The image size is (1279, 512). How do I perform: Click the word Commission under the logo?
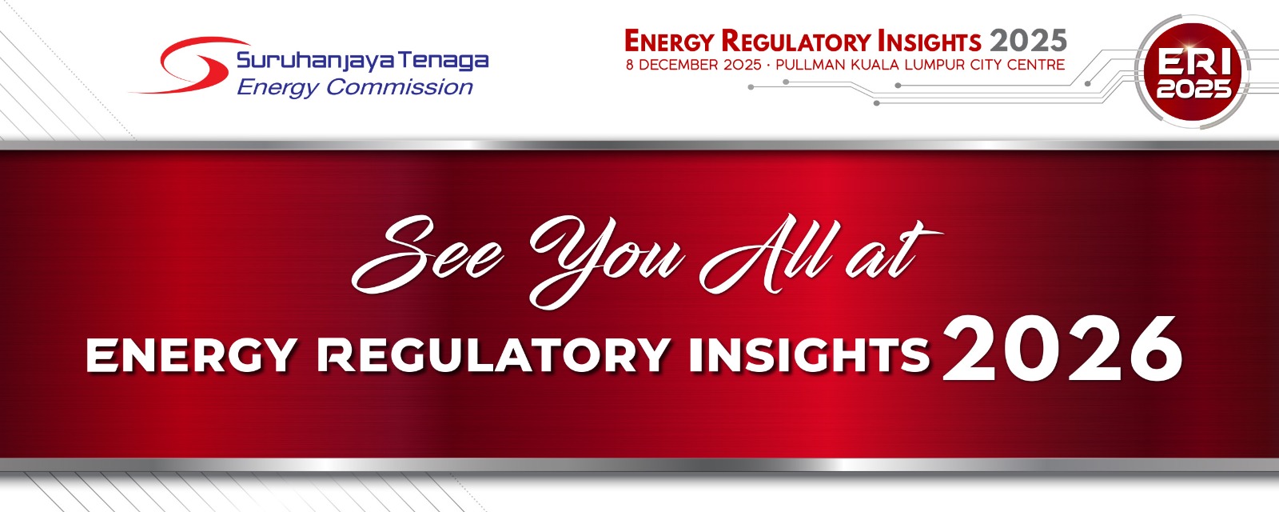(x=400, y=87)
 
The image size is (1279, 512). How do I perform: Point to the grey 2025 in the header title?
(x=1028, y=41)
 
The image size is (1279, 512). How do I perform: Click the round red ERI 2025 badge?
(x=1193, y=72)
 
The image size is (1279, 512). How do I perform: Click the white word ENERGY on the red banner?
(x=191, y=355)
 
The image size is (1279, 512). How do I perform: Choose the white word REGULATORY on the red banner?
(x=494, y=355)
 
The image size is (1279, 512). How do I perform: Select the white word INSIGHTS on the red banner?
(x=810, y=355)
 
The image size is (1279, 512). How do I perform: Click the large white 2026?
(x=1062, y=349)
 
